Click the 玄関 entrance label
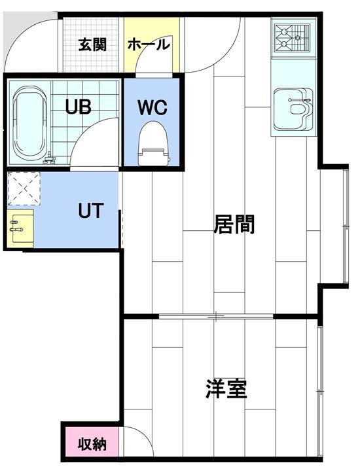[92, 45]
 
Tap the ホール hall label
[149, 44]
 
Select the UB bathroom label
[78, 107]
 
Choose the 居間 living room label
[234, 224]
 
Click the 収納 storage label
[92, 444]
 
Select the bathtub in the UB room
[30, 123]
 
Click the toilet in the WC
[153, 143]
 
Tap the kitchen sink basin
[294, 109]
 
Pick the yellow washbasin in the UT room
[20, 226]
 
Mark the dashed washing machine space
[24, 188]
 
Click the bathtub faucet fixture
[49, 159]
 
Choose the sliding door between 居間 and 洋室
[216, 316]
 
